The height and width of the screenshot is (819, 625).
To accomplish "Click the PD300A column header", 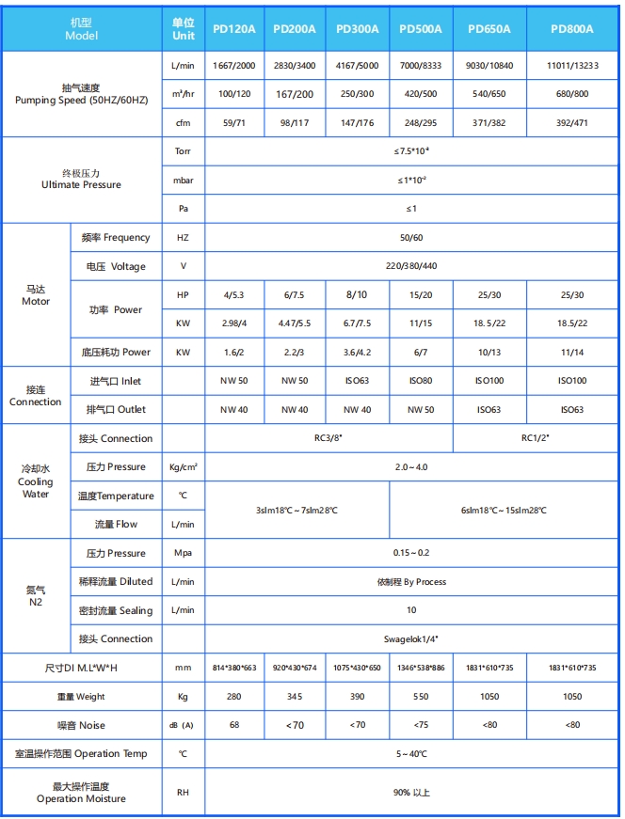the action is (x=357, y=29).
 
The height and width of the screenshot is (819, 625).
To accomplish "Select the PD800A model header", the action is (x=572, y=29).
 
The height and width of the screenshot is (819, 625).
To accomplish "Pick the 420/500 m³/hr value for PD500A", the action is (x=420, y=95).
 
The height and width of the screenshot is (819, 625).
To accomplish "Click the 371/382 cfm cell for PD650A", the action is (x=489, y=123).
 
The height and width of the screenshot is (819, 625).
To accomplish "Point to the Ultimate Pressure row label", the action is (x=81, y=180).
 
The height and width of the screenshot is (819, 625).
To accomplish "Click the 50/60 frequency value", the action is (x=411, y=238).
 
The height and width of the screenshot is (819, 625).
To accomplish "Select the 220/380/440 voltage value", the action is (x=411, y=266).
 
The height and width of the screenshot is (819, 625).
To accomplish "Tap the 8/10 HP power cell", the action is (x=357, y=294).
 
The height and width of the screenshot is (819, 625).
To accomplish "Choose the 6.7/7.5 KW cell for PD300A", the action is (x=357, y=323).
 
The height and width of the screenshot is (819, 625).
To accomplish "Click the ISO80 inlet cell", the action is (x=420, y=381).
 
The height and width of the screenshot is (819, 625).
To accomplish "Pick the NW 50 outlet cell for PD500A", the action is (x=420, y=410).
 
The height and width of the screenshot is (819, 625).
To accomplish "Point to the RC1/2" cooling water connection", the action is (x=536, y=438).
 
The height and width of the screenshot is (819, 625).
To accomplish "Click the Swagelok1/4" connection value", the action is (x=411, y=639).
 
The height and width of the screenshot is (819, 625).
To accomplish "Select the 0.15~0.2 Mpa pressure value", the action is (x=411, y=553).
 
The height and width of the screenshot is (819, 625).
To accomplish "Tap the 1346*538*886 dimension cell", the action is (x=420, y=668).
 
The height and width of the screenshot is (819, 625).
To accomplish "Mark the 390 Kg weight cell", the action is (x=357, y=697).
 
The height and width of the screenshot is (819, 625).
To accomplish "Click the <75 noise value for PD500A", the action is (x=420, y=725).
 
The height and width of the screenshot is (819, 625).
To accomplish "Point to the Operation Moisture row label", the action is (x=81, y=792).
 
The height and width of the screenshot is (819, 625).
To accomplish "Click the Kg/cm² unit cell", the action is (x=183, y=467).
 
